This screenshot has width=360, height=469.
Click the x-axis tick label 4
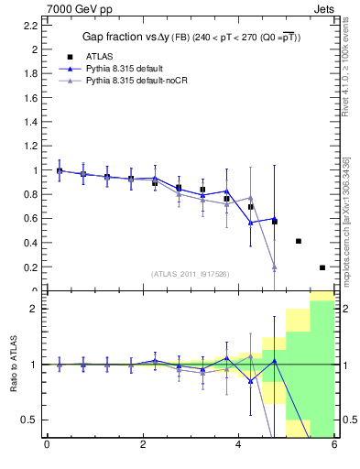pyautogui.click(x=238, y=445)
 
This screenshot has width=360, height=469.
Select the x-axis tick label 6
pyautogui.click(x=334, y=445)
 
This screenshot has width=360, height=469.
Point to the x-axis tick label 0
pyautogui.click(x=46, y=445)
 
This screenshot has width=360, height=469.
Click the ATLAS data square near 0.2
pyautogui.click(x=322, y=267)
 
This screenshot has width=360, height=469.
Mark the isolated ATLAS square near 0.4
pyautogui.click(x=299, y=242)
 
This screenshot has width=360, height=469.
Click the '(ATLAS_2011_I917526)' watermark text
pyautogui.click(x=191, y=274)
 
